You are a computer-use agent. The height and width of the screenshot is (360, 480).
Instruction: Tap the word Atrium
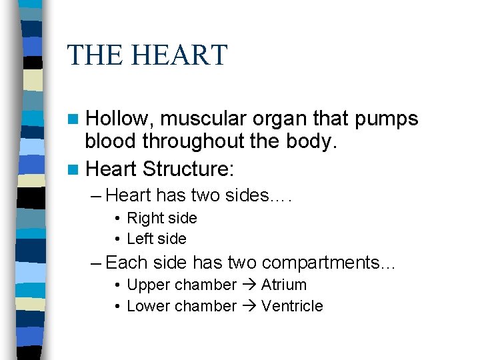pyautogui.click(x=284, y=285)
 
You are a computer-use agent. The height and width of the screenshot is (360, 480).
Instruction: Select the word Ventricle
pyautogui.click(x=292, y=306)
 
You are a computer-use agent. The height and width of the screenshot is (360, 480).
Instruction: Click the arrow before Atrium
pyautogui.click(x=249, y=285)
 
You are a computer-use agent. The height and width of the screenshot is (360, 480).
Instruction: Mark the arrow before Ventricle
pyautogui.click(x=249, y=306)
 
